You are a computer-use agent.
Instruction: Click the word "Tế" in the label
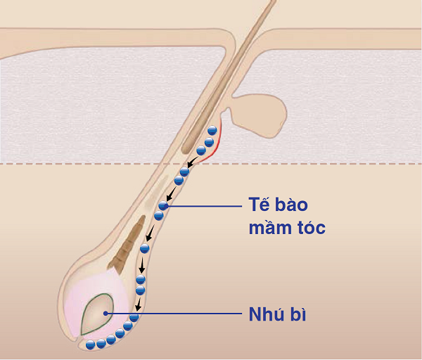point(260,204)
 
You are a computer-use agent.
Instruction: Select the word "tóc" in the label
point(310,228)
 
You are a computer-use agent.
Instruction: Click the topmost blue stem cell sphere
point(212,130)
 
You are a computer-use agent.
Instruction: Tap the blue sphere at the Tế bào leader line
point(163,206)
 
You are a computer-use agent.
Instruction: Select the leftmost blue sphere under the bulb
point(90,345)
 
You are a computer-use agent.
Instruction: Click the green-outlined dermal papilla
point(98,314)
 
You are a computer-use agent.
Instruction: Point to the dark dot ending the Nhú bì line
point(105,314)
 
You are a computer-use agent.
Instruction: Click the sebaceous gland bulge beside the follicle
point(258,115)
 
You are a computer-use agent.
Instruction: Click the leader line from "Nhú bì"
point(174,314)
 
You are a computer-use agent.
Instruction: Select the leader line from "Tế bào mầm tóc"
point(203,206)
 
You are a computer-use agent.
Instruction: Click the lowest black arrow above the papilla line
point(139,304)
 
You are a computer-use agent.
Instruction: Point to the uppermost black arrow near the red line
point(193,162)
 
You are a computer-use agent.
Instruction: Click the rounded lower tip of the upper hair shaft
point(185,150)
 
